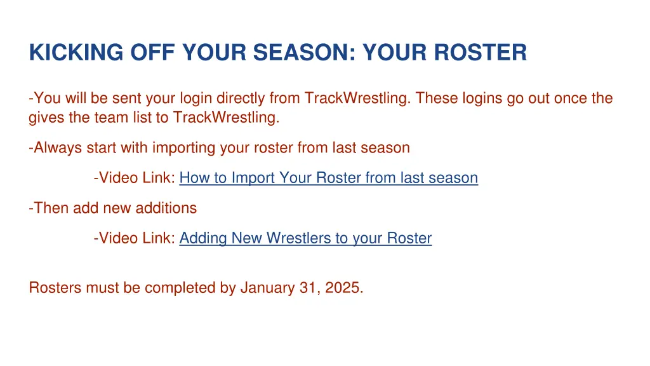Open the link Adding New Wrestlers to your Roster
[305, 238]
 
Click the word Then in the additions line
[51, 208]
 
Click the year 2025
[343, 288]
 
